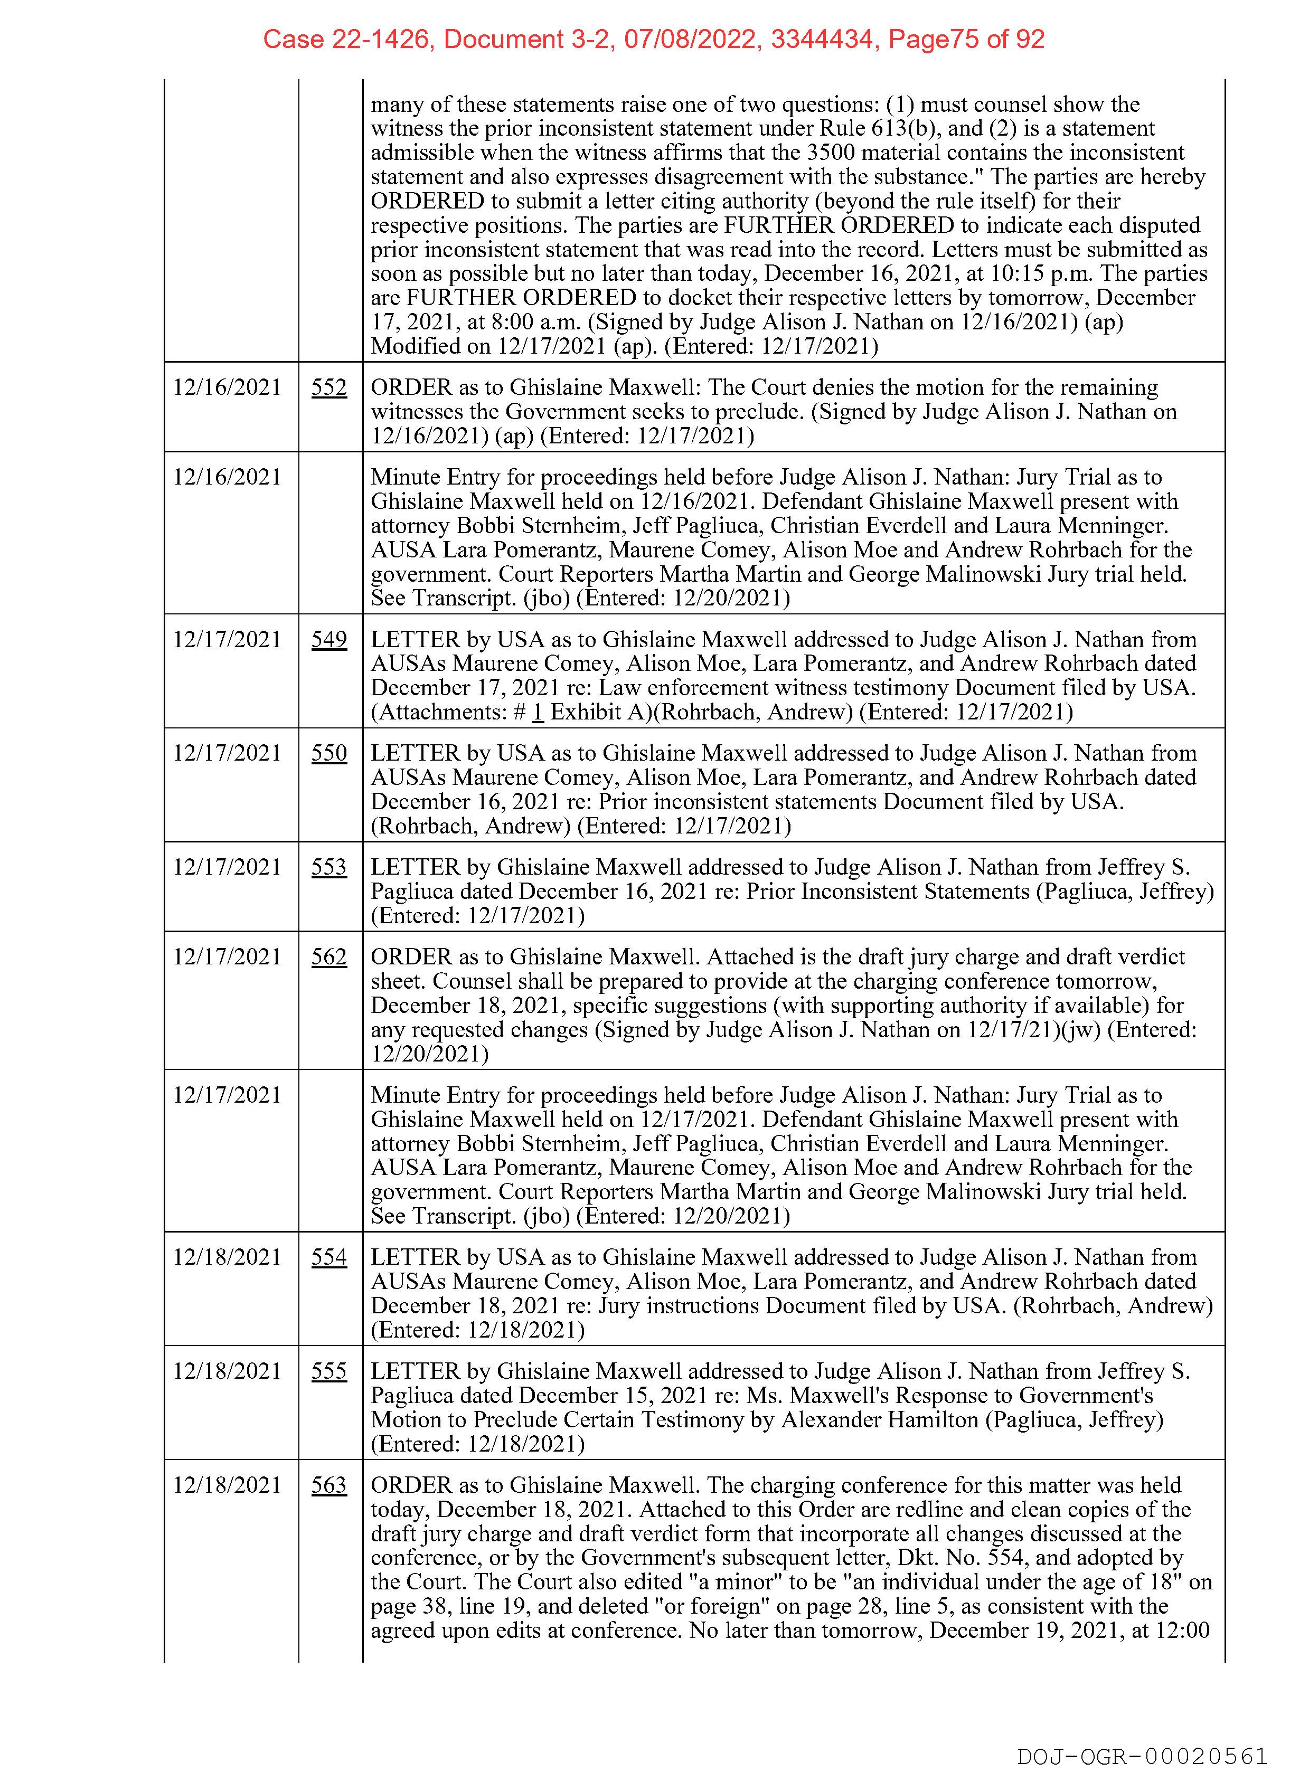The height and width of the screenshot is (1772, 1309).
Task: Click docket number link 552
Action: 329,387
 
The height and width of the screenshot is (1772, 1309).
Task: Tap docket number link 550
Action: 329,753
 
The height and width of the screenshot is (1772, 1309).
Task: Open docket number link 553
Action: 329,867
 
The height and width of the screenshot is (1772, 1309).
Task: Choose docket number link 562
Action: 329,957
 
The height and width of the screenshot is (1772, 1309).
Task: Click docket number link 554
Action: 329,1257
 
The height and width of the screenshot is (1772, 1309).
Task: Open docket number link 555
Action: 329,1371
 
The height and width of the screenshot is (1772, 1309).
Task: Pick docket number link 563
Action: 329,1485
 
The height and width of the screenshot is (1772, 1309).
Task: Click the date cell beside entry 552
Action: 228,387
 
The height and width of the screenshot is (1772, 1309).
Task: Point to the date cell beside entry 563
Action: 228,1485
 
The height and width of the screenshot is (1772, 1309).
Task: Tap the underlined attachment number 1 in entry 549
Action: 538,712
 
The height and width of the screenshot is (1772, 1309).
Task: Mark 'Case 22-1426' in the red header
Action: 347,39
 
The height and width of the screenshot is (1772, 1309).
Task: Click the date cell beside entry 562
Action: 228,957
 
